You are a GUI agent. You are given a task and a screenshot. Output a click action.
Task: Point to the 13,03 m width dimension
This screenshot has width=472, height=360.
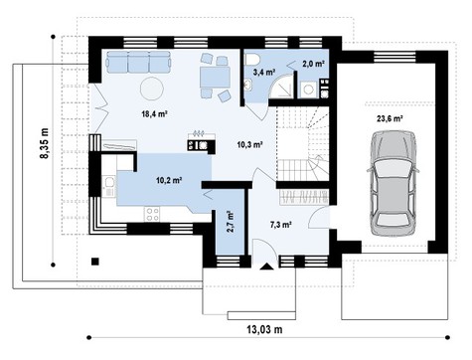(264, 328)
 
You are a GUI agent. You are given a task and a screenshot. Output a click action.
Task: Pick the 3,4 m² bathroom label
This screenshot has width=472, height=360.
(264, 72)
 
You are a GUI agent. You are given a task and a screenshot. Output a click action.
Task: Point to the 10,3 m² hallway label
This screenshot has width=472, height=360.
(249, 145)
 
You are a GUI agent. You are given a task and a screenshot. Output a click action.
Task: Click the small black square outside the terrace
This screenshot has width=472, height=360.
(94, 263)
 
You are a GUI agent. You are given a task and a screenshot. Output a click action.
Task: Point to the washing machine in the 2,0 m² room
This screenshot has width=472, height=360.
(309, 89)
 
